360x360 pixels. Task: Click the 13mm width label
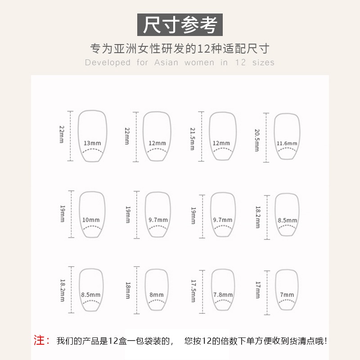[92, 144]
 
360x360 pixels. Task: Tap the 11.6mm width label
[287, 144]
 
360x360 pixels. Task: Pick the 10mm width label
[91, 220]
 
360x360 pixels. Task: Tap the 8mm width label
[157, 295]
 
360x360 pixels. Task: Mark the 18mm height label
[128, 291]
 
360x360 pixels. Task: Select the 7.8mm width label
[223, 295]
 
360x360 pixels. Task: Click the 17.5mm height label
[193, 291]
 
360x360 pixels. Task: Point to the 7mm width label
[287, 295]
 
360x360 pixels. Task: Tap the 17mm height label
[257, 291]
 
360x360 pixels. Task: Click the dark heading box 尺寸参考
[180, 24]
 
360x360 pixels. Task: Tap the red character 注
[42, 340]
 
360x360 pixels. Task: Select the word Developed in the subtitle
[108, 63]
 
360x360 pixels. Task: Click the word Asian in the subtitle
[166, 63]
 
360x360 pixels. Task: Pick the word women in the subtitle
[199, 63]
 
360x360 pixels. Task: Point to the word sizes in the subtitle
[263, 63]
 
